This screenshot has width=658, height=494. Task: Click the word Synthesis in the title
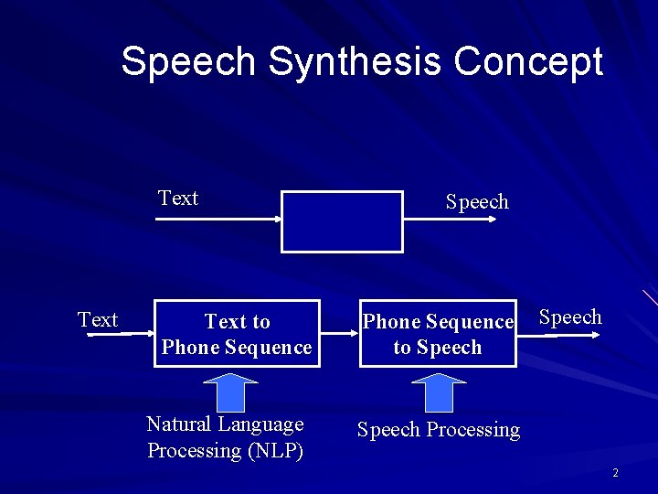click(x=356, y=62)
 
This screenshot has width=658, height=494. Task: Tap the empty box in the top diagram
click(x=341, y=221)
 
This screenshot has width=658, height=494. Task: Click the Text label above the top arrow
click(x=178, y=199)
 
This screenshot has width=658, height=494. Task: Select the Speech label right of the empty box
click(x=477, y=202)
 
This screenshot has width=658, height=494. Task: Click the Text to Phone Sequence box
click(x=237, y=334)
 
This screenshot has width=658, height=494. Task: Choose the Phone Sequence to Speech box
click(x=438, y=334)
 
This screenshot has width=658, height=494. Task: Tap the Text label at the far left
click(x=98, y=320)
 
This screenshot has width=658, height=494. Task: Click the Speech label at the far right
click(x=570, y=317)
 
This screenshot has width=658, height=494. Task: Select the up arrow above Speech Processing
click(x=440, y=392)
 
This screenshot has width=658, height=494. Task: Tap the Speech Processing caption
click(x=439, y=430)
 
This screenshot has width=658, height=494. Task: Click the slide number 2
click(x=615, y=473)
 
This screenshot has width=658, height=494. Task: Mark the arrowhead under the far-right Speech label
click(x=595, y=335)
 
